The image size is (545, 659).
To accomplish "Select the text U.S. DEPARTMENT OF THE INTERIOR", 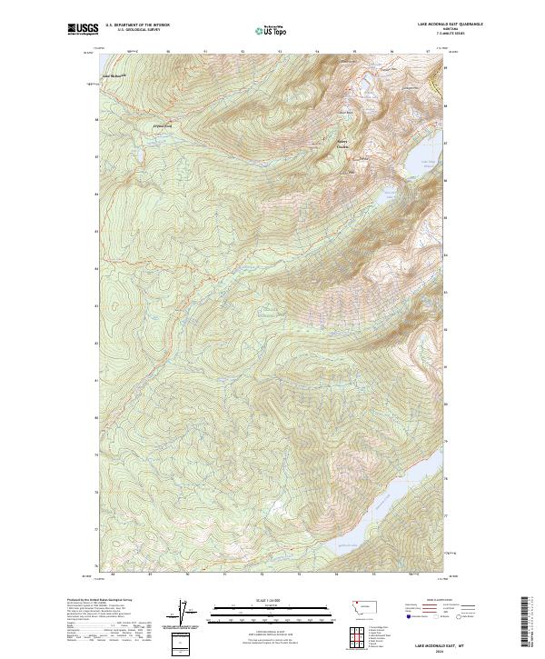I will coord(138,25).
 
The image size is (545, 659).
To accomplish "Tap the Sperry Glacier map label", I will coord(342,144).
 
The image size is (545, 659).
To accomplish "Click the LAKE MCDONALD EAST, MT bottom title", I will coord(425,643).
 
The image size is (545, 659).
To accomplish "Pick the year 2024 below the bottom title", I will coord(425,649).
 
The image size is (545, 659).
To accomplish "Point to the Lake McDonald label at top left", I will coord(114,75).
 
